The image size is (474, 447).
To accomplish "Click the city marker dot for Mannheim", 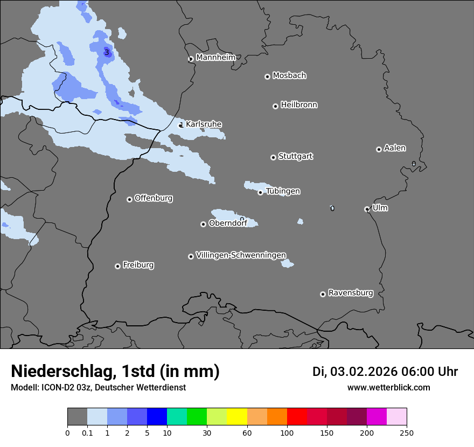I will pyautogui.click(x=191, y=59).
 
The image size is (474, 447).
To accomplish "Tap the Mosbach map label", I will pyautogui.click(x=289, y=76).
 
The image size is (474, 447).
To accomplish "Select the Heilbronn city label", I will pyautogui.click(x=299, y=105).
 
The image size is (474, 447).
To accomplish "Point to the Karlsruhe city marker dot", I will pyautogui.click(x=181, y=125).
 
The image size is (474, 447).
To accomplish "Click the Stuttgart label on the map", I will pyautogui.click(x=295, y=157).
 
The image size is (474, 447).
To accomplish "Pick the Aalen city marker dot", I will pyautogui.click(x=379, y=149).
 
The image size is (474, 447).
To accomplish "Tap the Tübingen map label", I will pyautogui.click(x=283, y=192).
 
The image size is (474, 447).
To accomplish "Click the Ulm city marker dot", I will pyautogui.click(x=367, y=209).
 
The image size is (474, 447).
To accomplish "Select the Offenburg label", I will pyautogui.click(x=154, y=198).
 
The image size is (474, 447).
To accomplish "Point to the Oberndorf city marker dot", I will pyautogui.click(x=203, y=224).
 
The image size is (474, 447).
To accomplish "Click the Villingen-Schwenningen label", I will pyautogui.click(x=241, y=255).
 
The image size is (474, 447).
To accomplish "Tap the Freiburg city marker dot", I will pyautogui.click(x=117, y=266).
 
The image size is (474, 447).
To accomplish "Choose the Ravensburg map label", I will pyautogui.click(x=351, y=293).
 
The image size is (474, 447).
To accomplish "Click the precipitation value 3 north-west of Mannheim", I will pyautogui.click(x=107, y=52).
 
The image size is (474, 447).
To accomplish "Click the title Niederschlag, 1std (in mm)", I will pyautogui.click(x=115, y=371).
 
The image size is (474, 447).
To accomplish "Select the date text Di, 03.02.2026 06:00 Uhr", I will pyautogui.click(x=385, y=372).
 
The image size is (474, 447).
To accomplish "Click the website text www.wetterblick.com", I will pyautogui.click(x=388, y=387).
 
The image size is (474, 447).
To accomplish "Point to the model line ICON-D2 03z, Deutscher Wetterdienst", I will pyautogui.click(x=98, y=387).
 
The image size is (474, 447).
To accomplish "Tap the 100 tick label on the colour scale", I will pyautogui.click(x=287, y=432).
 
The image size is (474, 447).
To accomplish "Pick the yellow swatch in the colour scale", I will pyautogui.click(x=237, y=417).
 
